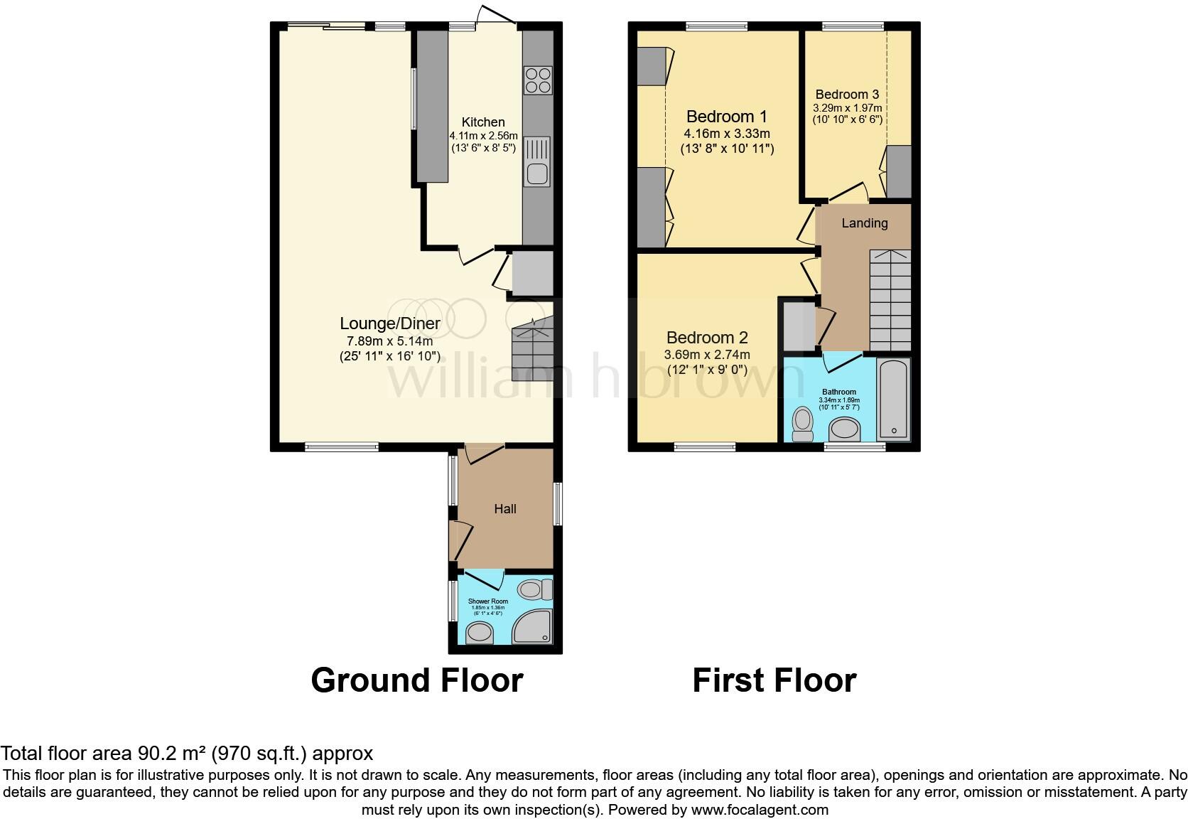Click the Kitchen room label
tap(483, 122)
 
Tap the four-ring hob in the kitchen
tap(538, 80)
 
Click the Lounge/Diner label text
tap(389, 323)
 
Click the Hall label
tap(505, 509)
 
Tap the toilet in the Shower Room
tap(535, 589)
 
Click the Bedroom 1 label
tap(726, 117)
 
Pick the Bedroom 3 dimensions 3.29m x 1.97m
tap(847, 108)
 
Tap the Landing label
tap(864, 223)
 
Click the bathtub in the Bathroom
tap(893, 399)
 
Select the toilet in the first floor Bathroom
tap(803, 424)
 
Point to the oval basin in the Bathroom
tap(845, 429)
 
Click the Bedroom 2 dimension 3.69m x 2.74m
tap(706, 355)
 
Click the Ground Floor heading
tap(417, 680)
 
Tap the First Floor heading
tap(774, 680)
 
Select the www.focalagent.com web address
tap(760, 810)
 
